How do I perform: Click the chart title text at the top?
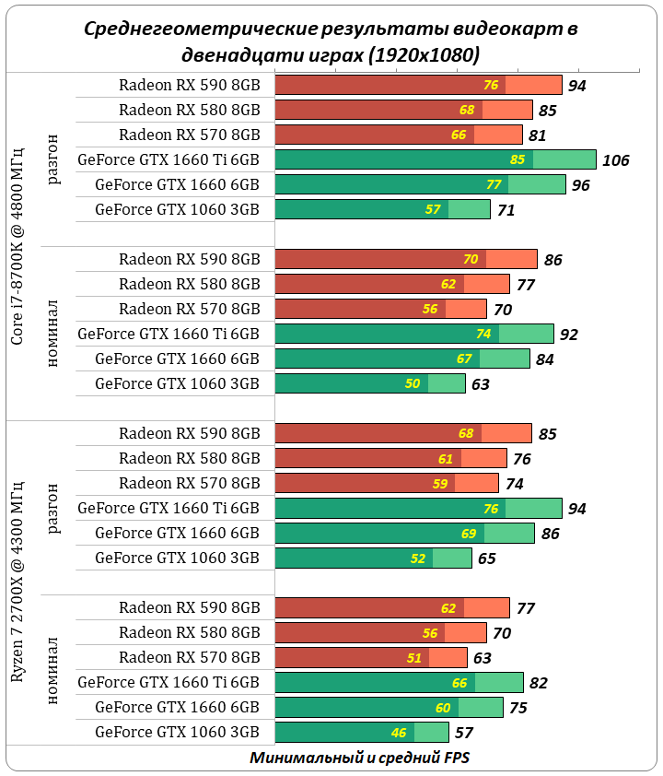(331, 41)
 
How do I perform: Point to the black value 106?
(615, 160)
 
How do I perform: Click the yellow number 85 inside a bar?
(518, 159)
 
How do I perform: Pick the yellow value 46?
(399, 733)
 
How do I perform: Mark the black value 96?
(580, 185)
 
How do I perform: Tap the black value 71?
(505, 210)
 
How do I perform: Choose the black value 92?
(568, 335)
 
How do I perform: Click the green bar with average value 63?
(370, 383)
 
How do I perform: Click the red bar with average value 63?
(371, 657)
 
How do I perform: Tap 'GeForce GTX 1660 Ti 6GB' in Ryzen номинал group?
(169, 682)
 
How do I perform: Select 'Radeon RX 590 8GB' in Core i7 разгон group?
(189, 85)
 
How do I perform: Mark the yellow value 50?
(412, 383)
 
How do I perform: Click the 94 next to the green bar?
(576, 509)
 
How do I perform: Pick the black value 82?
(538, 683)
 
